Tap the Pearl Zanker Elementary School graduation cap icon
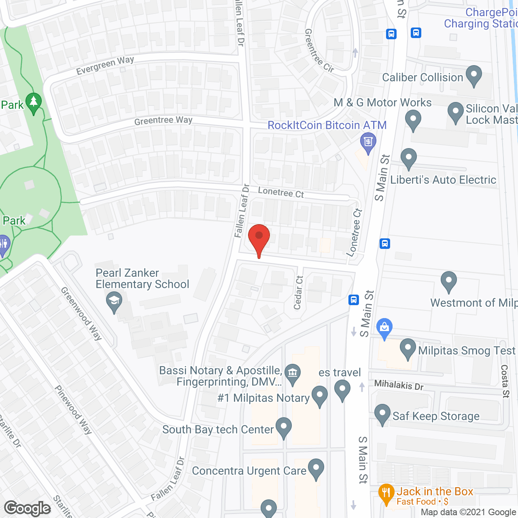pos(114,301)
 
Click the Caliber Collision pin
pos(473,75)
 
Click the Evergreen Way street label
pos(105,66)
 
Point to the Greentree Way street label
pos(163,121)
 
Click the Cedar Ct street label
pos(299,293)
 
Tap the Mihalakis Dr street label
pos(399,384)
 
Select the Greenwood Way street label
pos(81,313)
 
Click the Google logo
pos(28,508)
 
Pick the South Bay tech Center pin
pos(283,427)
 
